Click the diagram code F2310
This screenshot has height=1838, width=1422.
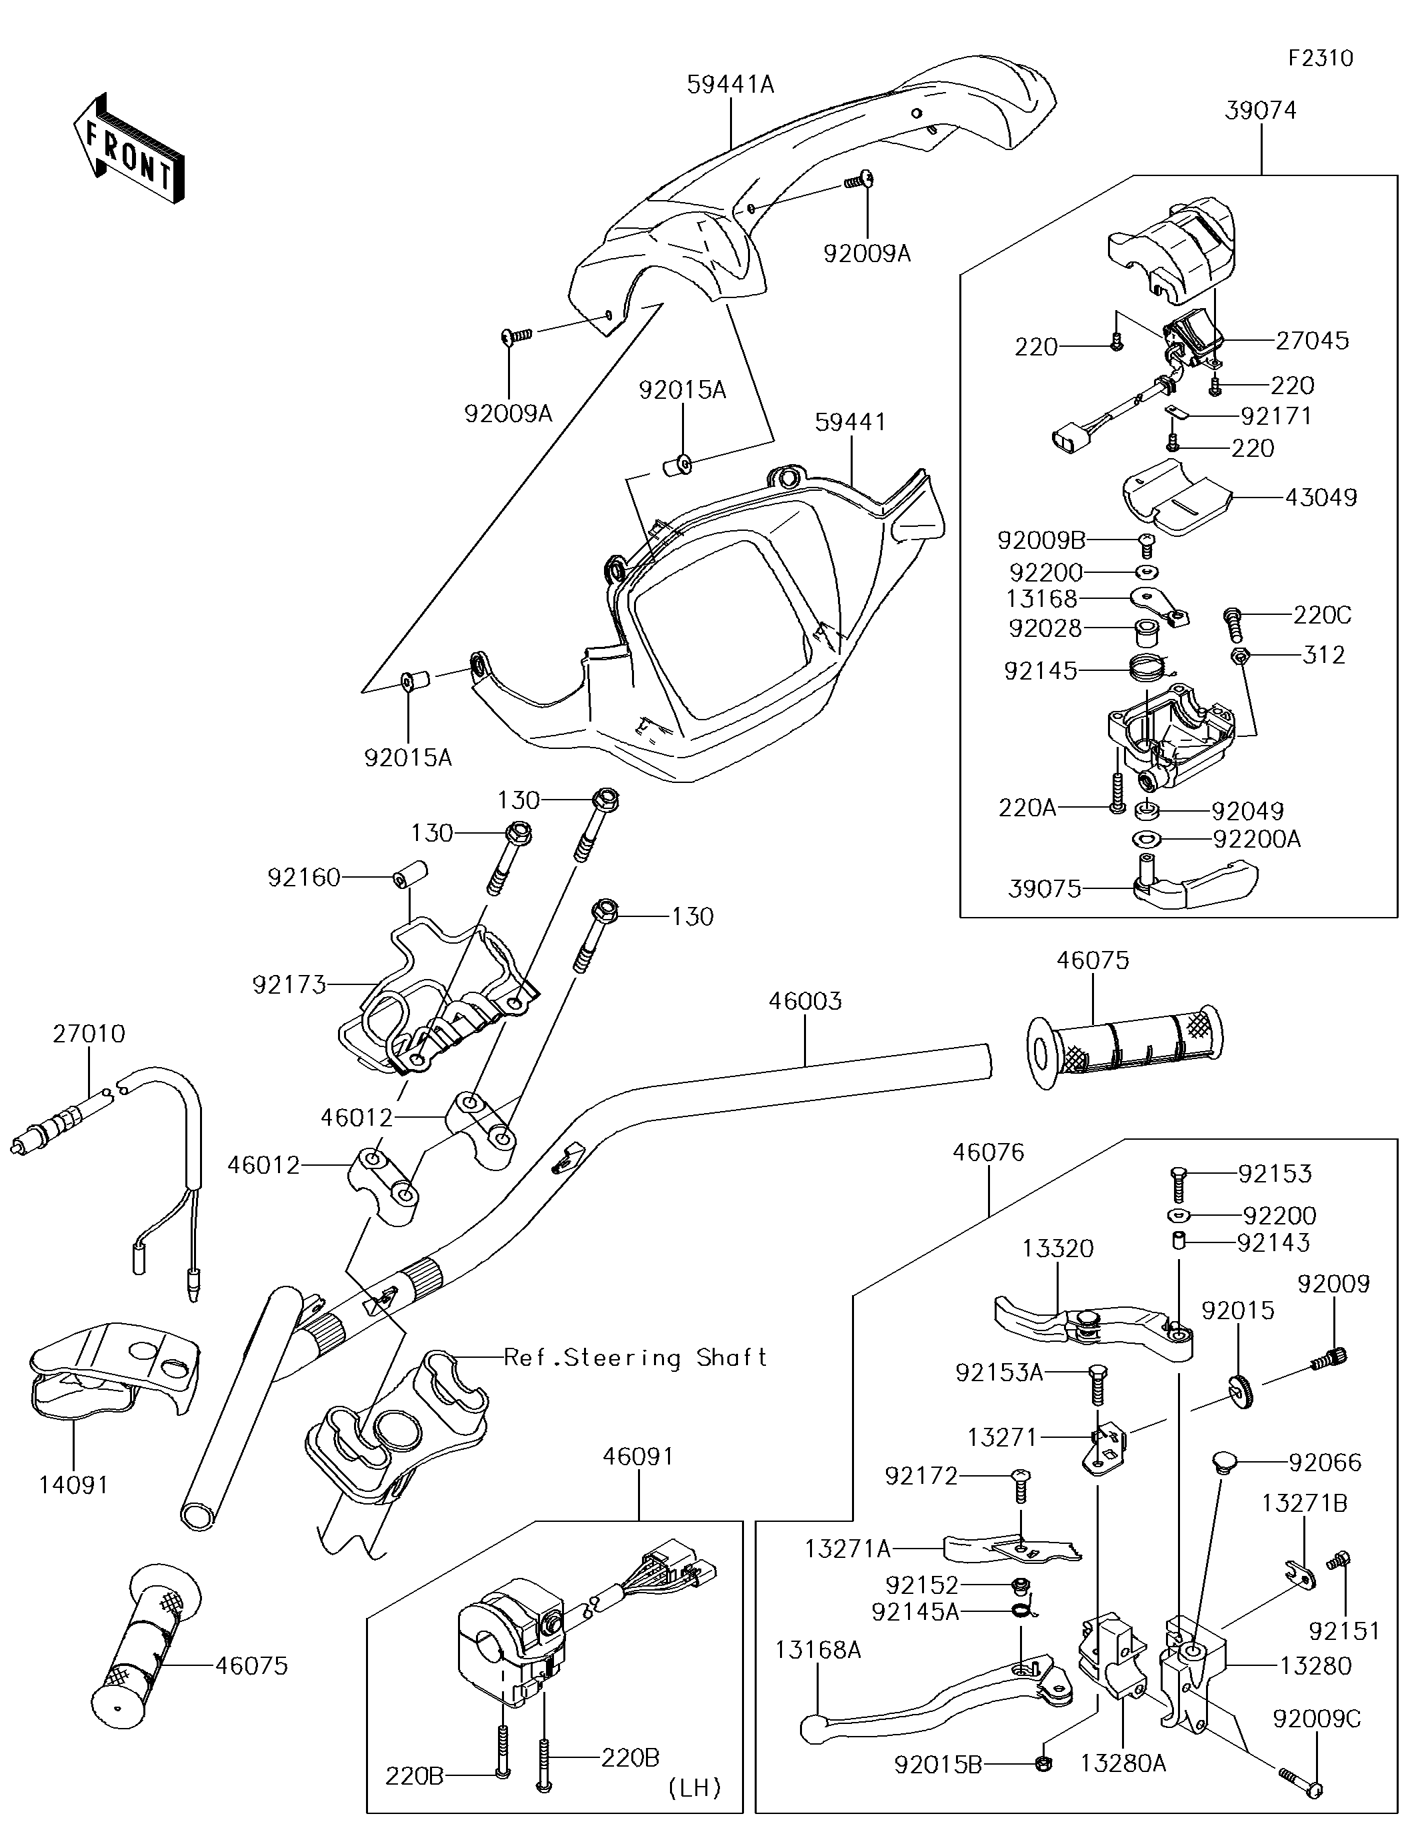click(x=1321, y=58)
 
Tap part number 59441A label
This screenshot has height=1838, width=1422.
click(x=731, y=84)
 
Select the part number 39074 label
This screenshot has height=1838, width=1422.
click(x=1261, y=110)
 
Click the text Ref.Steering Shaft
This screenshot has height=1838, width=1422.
click(x=635, y=1357)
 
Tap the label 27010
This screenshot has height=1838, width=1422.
click(x=89, y=1034)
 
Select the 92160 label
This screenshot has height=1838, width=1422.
click(x=304, y=878)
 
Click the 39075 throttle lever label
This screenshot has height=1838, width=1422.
click(x=1044, y=889)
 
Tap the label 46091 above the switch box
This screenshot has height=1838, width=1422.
click(x=639, y=1455)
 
